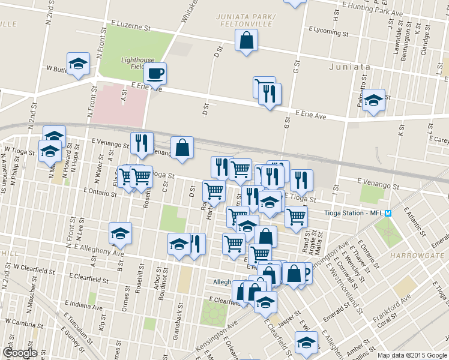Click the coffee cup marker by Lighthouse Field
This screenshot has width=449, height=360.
pos(155,74)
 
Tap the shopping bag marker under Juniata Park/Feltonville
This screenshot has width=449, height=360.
pos(247,41)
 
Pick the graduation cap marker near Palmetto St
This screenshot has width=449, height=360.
pos(373,101)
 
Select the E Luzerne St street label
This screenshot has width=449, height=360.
pos(130,26)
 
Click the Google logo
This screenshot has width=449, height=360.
pos(20,352)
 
